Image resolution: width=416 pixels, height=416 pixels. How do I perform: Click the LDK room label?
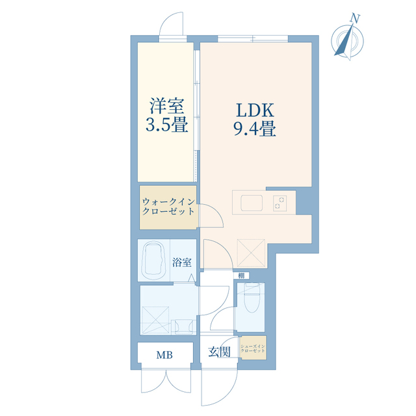click(255, 109)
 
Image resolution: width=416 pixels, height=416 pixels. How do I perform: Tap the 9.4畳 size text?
click(255, 129)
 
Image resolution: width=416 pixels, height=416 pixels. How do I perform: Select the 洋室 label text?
click(167, 105)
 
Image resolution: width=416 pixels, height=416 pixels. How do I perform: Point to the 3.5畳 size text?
click(167, 125)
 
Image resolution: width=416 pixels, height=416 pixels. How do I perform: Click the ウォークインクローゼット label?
click(168, 207)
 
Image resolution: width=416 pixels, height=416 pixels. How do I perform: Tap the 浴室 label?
click(182, 263)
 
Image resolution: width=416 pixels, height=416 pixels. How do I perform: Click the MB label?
click(164, 356)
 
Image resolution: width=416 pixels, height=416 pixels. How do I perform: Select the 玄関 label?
click(219, 352)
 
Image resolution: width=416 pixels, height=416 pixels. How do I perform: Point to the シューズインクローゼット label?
click(252, 348)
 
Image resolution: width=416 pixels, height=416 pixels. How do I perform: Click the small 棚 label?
click(242, 276)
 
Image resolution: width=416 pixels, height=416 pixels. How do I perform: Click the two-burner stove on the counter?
click(281, 202)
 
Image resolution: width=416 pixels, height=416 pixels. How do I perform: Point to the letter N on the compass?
click(355, 18)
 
